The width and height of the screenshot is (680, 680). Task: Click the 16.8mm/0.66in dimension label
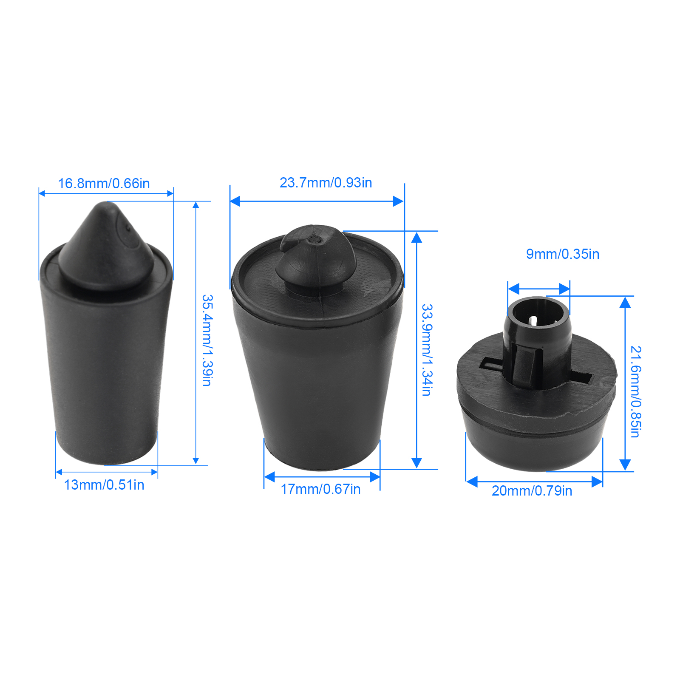point(104,184)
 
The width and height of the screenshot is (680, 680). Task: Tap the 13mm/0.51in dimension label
point(104,485)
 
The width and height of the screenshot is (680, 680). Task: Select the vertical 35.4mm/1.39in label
point(207,340)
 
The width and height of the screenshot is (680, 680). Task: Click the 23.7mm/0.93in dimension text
point(326,183)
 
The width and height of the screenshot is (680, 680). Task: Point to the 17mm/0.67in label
point(321,489)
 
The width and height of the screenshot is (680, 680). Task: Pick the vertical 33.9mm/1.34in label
point(427,350)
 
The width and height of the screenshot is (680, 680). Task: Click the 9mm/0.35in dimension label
point(563,254)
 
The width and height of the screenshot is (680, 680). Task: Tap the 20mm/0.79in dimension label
point(532,491)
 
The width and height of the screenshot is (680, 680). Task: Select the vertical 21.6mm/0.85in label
point(635,392)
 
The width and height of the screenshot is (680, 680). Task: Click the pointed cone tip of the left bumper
point(106,205)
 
